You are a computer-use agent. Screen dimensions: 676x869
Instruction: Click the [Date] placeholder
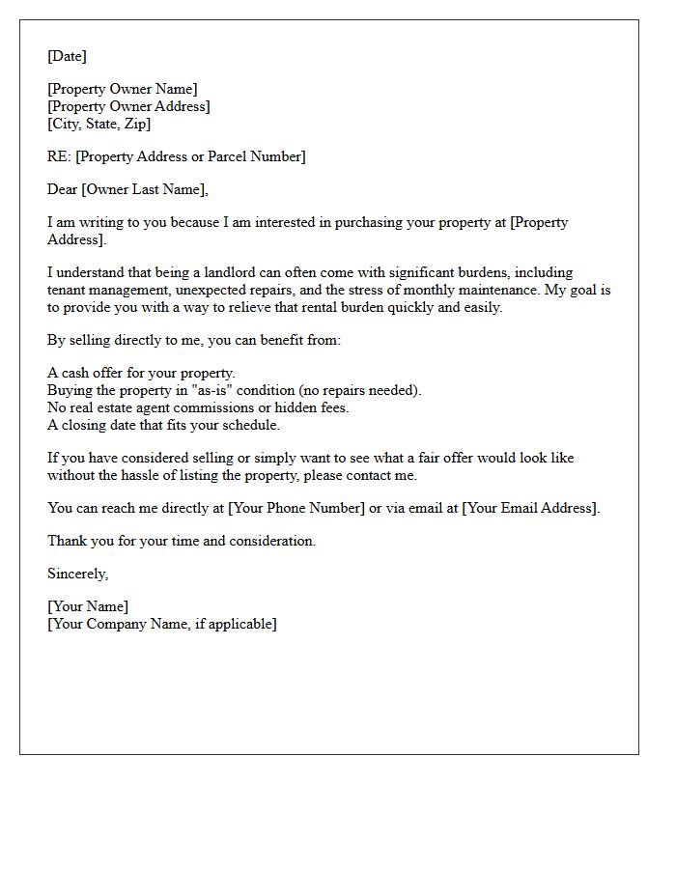pos(67,56)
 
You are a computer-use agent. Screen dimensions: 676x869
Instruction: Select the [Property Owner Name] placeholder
pos(123,90)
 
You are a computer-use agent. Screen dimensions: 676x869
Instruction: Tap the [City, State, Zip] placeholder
pos(99,124)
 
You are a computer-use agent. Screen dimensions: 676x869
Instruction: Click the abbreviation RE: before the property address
pos(59,156)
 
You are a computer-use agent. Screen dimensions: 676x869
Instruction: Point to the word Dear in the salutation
pos(63,189)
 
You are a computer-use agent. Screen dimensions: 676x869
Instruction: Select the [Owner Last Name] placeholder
pos(144,189)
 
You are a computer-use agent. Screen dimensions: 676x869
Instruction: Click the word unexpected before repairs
pos(238,290)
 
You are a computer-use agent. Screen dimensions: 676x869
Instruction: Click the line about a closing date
pos(163,425)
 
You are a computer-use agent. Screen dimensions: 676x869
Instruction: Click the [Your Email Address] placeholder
pos(531,508)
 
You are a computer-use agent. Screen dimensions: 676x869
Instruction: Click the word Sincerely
pos(77,574)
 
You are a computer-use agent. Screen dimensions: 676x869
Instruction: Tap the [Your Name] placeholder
pos(88,607)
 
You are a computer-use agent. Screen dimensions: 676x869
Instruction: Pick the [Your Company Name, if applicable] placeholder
pos(162,624)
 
